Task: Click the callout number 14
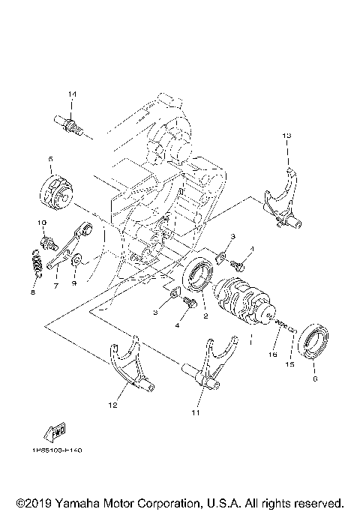[x=72, y=94]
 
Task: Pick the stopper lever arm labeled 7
[x=69, y=245]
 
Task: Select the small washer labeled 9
[x=75, y=259]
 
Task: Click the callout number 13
[x=286, y=135]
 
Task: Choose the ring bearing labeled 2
[x=199, y=272]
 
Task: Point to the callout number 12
[x=112, y=406]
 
